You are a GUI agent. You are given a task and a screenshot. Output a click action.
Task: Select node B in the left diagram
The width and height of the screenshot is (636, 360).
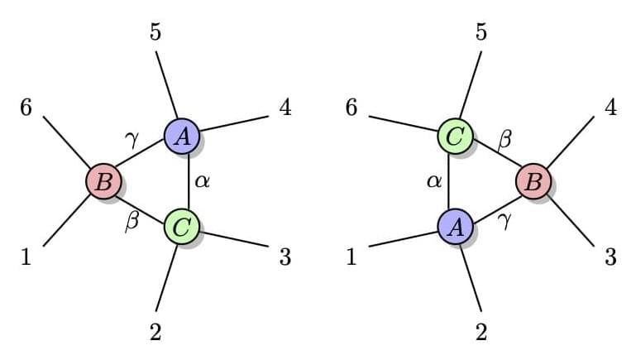(104, 180)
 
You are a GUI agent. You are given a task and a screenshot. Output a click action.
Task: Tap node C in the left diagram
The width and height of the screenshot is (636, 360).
(180, 224)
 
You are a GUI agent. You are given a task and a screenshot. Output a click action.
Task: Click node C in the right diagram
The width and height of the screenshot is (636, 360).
(455, 136)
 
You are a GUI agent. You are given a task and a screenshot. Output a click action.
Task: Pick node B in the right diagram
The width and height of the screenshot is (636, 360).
(533, 180)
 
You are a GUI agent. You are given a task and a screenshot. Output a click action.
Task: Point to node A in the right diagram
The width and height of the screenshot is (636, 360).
(455, 225)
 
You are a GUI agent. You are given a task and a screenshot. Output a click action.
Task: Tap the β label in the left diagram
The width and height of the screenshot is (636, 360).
(131, 222)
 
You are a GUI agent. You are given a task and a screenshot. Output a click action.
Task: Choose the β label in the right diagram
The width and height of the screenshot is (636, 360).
(505, 139)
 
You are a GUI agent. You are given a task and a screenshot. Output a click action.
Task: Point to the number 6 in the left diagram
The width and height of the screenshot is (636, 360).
(26, 108)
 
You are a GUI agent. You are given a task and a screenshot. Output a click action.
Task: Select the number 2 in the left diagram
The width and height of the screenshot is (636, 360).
(155, 332)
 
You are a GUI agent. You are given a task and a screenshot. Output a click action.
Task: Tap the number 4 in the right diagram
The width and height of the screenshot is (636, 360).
(610, 108)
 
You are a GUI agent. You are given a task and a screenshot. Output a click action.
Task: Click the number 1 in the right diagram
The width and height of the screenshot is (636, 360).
(351, 257)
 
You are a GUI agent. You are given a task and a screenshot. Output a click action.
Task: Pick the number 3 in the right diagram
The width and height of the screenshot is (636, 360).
(610, 257)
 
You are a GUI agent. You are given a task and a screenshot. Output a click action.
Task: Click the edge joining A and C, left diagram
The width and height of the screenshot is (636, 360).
(189, 180)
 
